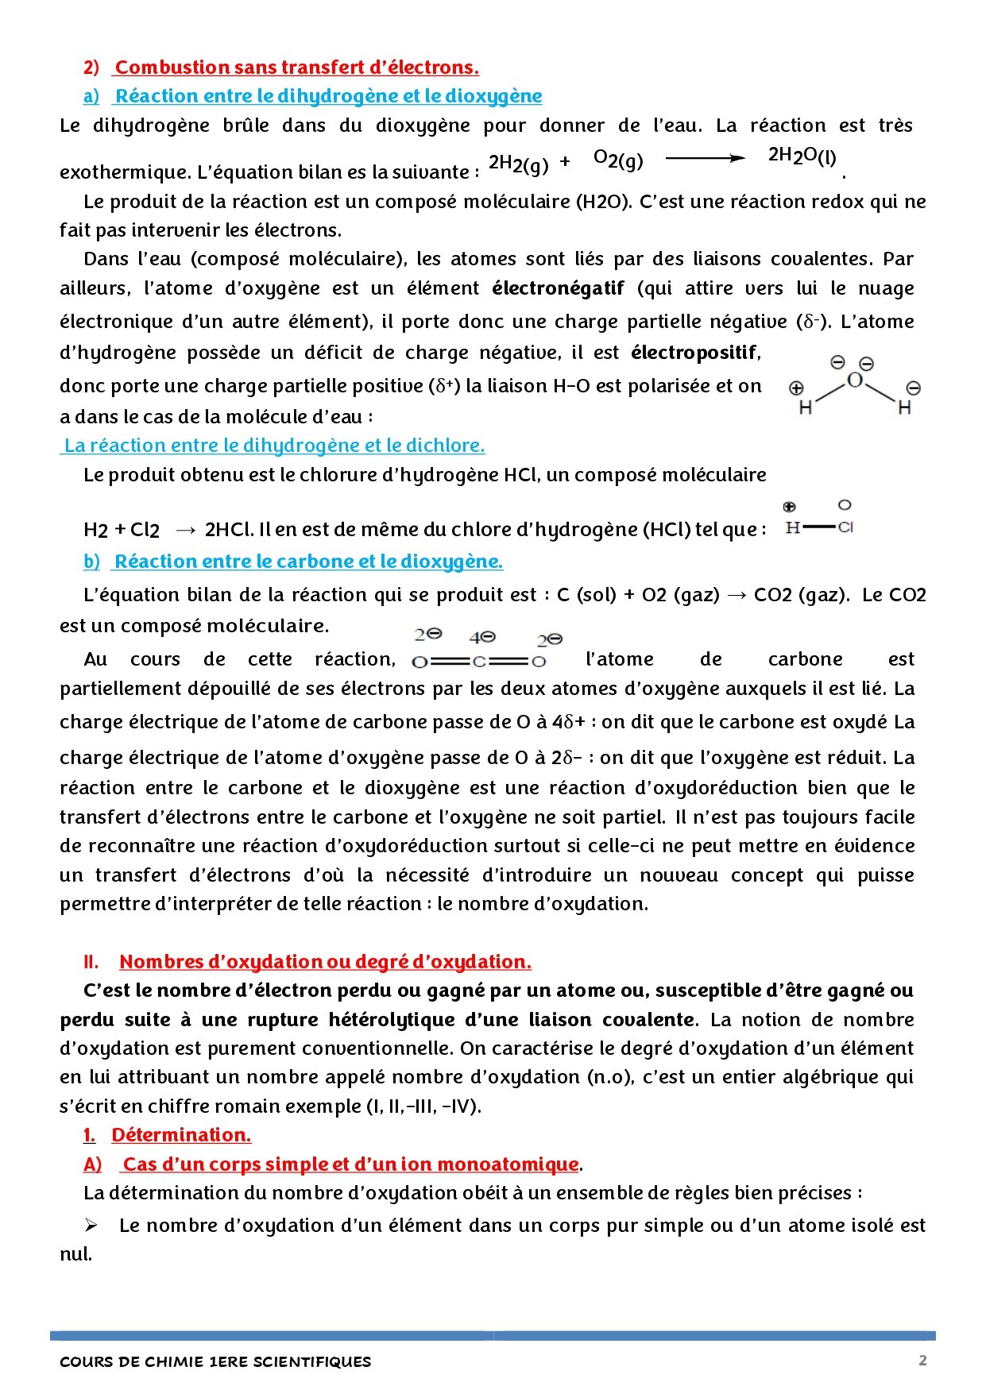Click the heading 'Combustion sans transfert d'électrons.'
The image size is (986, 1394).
coord(297,68)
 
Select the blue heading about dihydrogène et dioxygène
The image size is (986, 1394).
coord(328,96)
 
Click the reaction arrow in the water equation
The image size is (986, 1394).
coord(705,159)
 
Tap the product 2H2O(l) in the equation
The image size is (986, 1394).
coord(802,156)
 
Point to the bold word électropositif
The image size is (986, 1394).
coord(695,352)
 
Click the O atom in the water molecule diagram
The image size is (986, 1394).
coord(855,380)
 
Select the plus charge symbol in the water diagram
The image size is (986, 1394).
coord(796,388)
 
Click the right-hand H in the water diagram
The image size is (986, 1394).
coord(904,408)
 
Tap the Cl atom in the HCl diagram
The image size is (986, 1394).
coord(845,527)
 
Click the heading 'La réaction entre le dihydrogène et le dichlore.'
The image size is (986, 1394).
coord(274,446)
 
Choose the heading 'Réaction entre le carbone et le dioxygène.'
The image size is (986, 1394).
coord(308,562)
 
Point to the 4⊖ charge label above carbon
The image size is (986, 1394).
coord(482,637)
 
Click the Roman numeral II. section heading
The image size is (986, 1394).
coord(325,962)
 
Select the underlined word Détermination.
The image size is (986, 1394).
coord(181,1135)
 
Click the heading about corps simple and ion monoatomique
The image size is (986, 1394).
coord(350,1164)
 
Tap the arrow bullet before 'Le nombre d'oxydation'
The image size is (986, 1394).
coord(91,1226)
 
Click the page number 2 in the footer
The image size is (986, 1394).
coord(922,1361)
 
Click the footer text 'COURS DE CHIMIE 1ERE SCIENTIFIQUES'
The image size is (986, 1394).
coord(215,1361)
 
